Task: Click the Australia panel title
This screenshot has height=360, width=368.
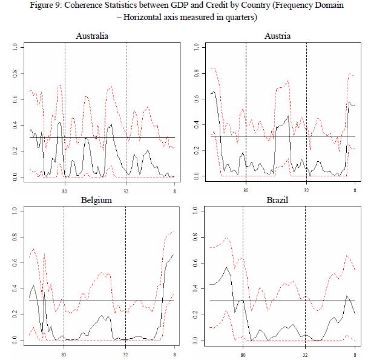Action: pyautogui.click(x=92, y=36)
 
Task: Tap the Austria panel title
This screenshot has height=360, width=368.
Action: pyautogui.click(x=277, y=36)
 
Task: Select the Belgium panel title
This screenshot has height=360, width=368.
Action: pyautogui.click(x=92, y=201)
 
